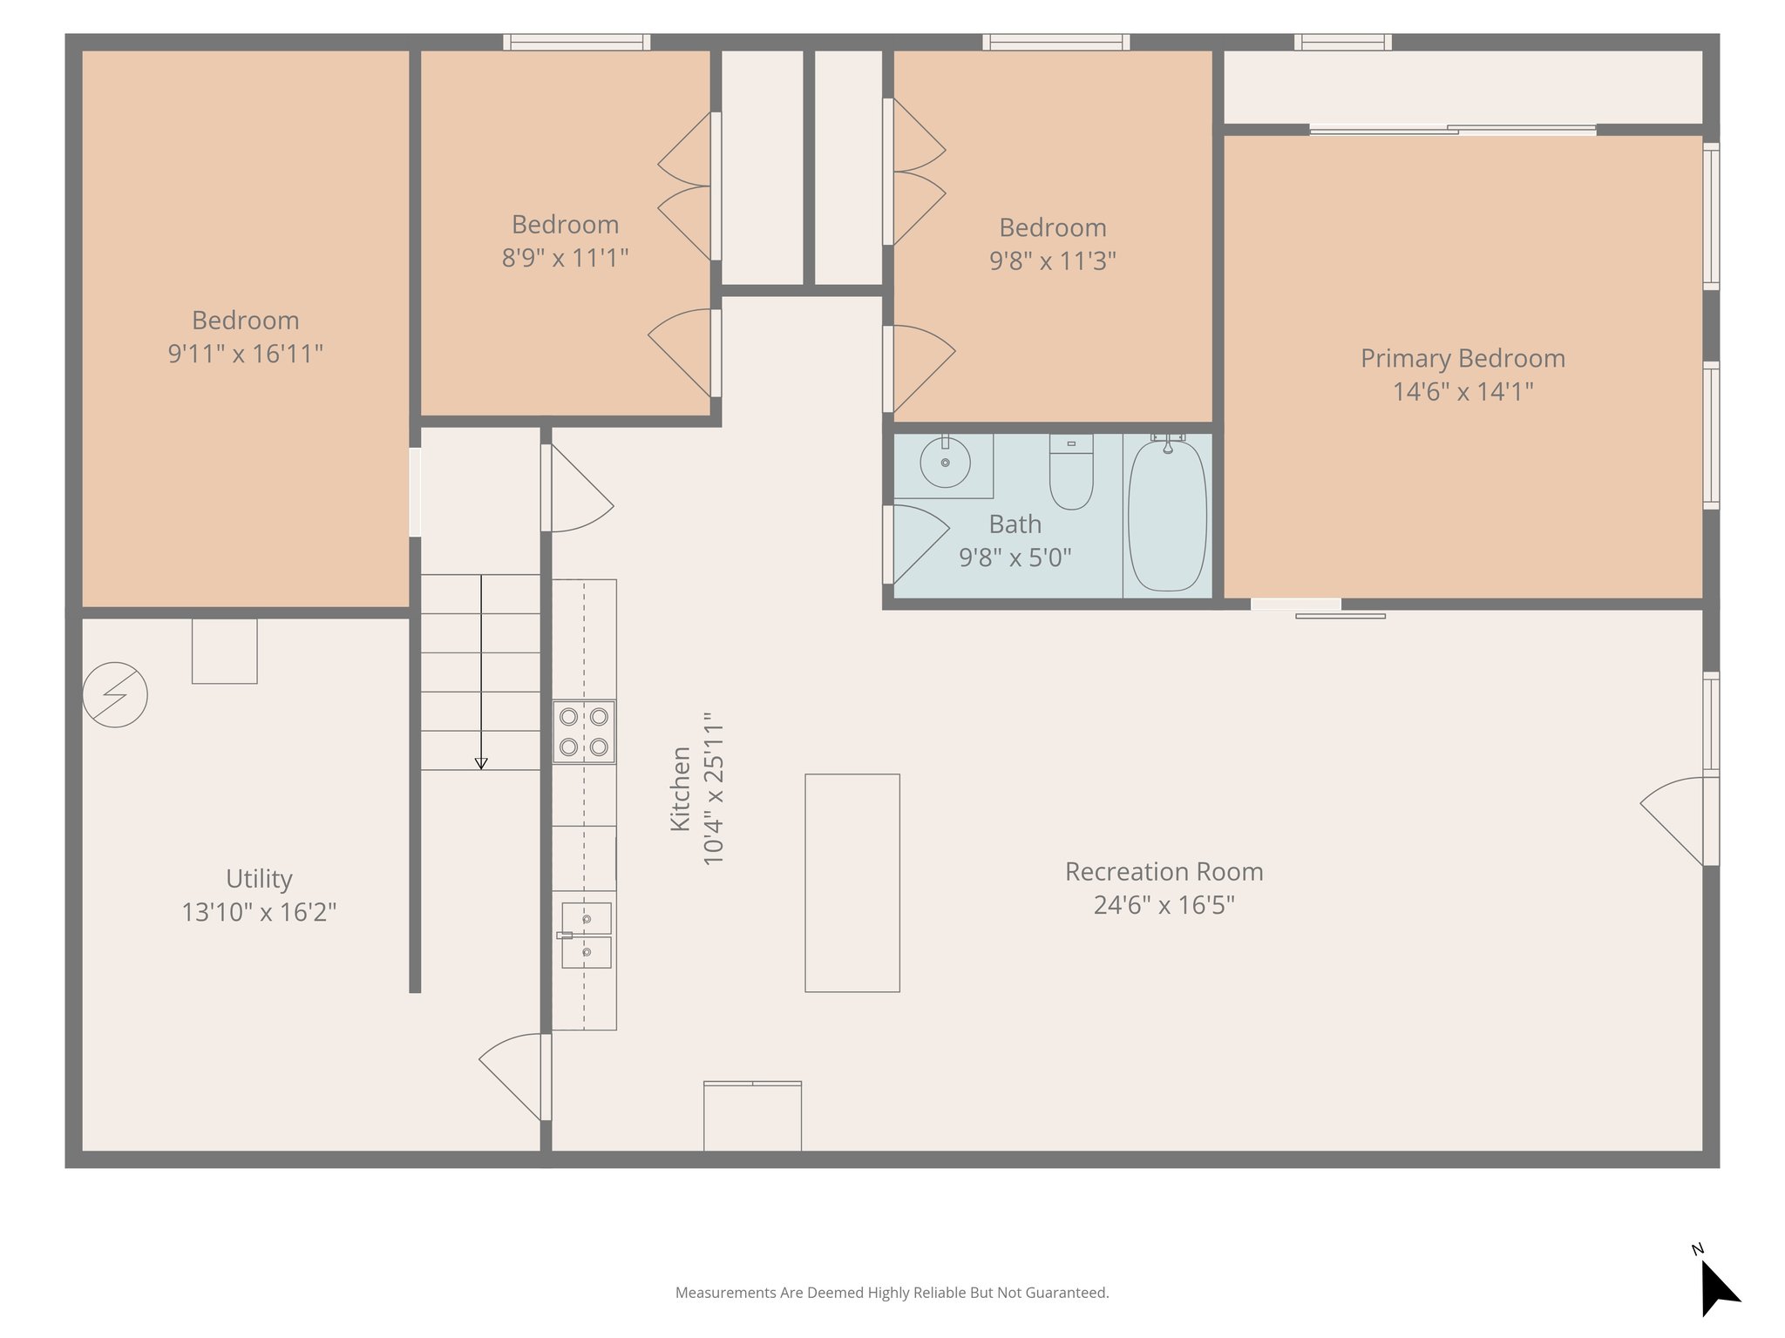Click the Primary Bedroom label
point(1463,358)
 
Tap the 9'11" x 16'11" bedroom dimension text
point(245,354)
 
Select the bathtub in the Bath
point(1167,516)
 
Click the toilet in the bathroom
point(1071,475)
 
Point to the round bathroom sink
point(945,463)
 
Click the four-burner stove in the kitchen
point(584,732)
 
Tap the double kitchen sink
point(586,936)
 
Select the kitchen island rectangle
point(852,882)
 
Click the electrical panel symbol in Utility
point(115,694)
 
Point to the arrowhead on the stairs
point(481,763)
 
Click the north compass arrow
point(1716,1287)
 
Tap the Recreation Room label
point(1164,871)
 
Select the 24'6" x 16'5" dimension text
point(1164,905)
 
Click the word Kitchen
point(680,788)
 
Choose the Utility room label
point(259,878)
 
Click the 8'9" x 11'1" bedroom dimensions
point(565,258)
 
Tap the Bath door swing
point(920,540)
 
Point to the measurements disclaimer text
point(892,1293)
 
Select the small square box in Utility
point(224,651)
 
